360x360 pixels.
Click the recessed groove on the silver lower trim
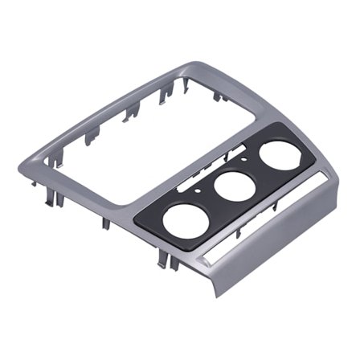[x=265, y=222]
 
